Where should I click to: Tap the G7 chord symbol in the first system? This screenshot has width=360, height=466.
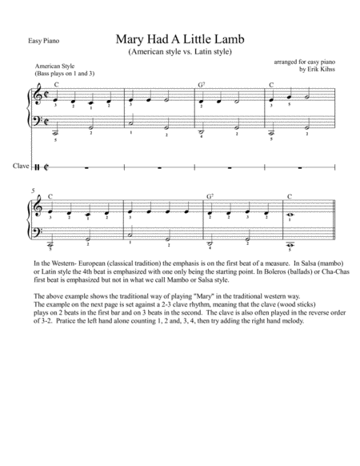[202, 84]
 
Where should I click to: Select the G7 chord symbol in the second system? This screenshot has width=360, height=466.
[209, 196]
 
